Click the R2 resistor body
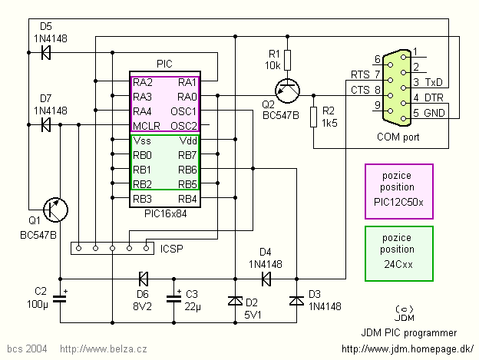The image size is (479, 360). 313,117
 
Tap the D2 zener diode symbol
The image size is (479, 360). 234,301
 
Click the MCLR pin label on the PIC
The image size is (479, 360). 146,126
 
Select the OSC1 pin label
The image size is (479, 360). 184,111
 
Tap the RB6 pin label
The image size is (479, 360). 187,170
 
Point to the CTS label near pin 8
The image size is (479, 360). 360,90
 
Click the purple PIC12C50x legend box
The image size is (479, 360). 399,191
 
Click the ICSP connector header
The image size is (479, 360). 112,248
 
